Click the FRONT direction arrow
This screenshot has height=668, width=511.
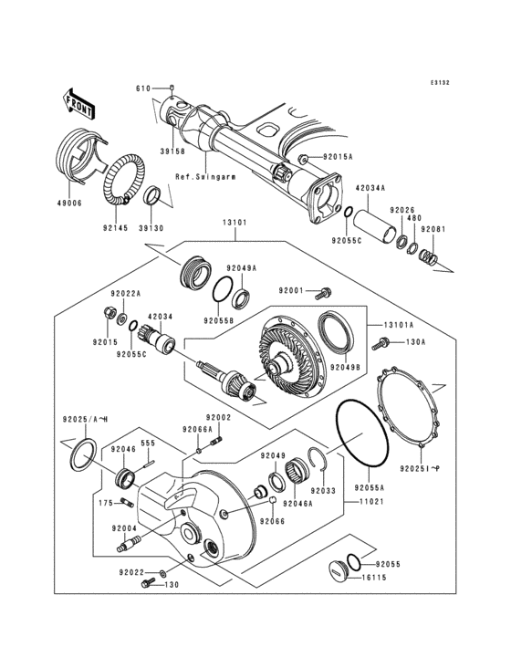click(x=78, y=103)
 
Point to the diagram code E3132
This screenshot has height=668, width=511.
click(x=441, y=83)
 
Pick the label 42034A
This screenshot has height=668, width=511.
click(x=370, y=186)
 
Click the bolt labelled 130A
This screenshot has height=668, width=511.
click(x=382, y=344)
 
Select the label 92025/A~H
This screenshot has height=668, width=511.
click(x=85, y=419)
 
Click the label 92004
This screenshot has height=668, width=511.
click(x=125, y=528)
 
